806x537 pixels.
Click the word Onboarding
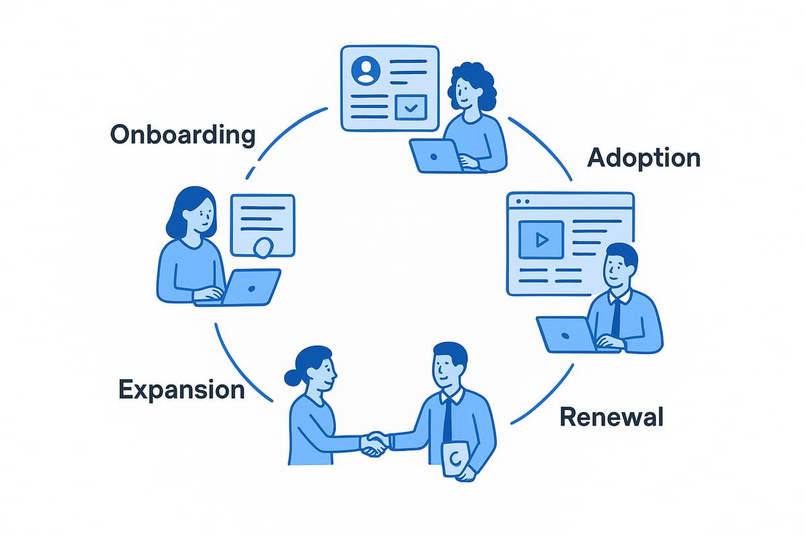point(183,135)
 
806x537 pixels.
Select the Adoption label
point(643,158)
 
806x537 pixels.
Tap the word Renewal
point(611,417)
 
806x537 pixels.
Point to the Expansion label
point(181,390)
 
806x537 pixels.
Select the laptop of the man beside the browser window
point(566,334)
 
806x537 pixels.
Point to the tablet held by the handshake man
point(457,460)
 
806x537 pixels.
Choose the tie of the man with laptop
point(616,315)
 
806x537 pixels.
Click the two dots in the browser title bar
point(521,201)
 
